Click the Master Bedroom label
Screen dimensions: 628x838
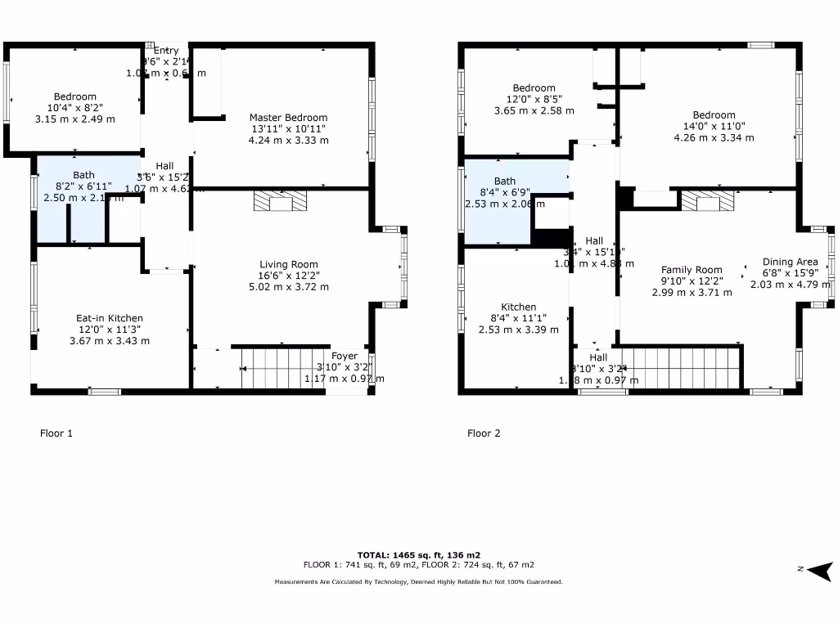[288, 118]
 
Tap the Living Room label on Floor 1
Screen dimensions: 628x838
[288, 264]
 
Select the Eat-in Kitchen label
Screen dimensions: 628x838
[110, 318]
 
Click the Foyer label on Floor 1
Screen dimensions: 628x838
[345, 356]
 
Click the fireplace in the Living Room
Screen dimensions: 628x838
[281, 202]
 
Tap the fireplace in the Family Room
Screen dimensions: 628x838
[708, 201]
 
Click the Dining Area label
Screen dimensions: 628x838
[790, 262]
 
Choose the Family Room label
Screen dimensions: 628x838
[692, 270]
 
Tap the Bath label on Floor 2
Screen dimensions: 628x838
[505, 181]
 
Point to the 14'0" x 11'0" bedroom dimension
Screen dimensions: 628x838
[714, 127]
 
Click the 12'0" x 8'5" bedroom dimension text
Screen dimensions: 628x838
[534, 99]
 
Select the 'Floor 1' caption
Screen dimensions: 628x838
[56, 433]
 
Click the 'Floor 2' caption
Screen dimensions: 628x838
[484, 433]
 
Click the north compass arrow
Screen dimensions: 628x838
[821, 571]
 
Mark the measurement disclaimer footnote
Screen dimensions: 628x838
[418, 582]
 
